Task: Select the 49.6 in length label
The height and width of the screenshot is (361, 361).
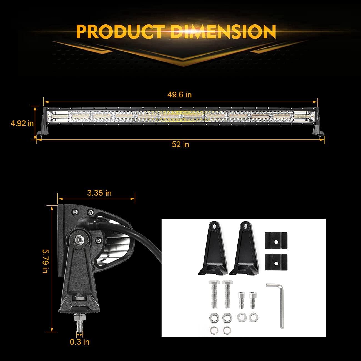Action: point(179,95)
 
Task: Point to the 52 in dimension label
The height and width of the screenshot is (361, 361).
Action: point(180,144)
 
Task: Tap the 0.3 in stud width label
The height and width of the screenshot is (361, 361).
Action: point(80,342)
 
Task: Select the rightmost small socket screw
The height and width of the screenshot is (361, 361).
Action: point(252,300)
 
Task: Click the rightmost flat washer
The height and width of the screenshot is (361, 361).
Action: point(252,316)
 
